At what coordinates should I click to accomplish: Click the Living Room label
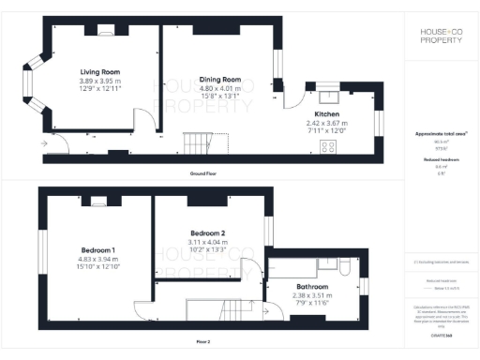click(x=98, y=71)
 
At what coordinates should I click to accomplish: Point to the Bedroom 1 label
click(x=97, y=250)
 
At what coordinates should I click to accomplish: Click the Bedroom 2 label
click(x=208, y=232)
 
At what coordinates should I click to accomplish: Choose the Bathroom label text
click(x=312, y=286)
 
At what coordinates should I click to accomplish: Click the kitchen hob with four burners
click(x=329, y=147)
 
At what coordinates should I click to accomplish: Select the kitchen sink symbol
click(x=330, y=94)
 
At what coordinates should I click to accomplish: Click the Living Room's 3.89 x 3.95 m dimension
click(x=98, y=80)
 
